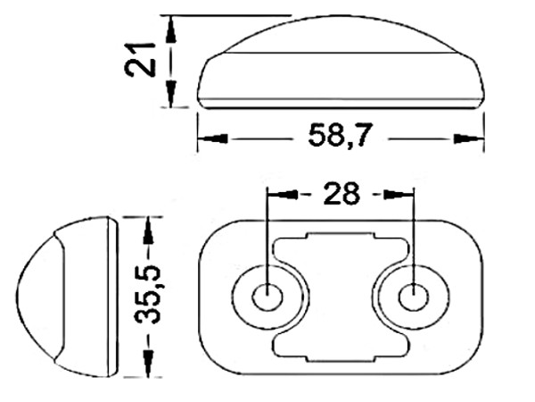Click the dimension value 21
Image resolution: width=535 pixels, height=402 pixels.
pos(140,60)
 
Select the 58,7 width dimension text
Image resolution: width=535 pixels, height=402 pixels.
pos(341,136)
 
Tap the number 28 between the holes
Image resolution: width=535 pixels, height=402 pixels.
pos(342,194)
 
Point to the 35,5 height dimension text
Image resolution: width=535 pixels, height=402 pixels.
pos(147,295)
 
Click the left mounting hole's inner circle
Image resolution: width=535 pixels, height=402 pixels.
pos(267,297)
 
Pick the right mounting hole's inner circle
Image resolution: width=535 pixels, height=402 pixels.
pos(414,297)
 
